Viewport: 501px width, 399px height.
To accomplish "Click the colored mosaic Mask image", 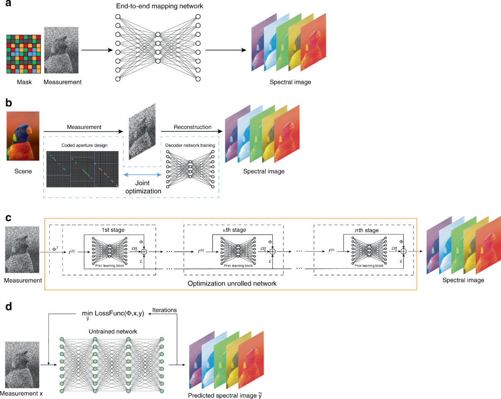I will coord(23,54).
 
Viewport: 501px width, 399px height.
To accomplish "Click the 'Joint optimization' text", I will coord(143,187).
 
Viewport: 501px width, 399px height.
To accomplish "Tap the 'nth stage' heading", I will coord(367,230).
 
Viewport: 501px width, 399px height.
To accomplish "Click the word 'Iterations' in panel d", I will coord(164,310).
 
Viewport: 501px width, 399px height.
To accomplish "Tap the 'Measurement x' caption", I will coord(22,394).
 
